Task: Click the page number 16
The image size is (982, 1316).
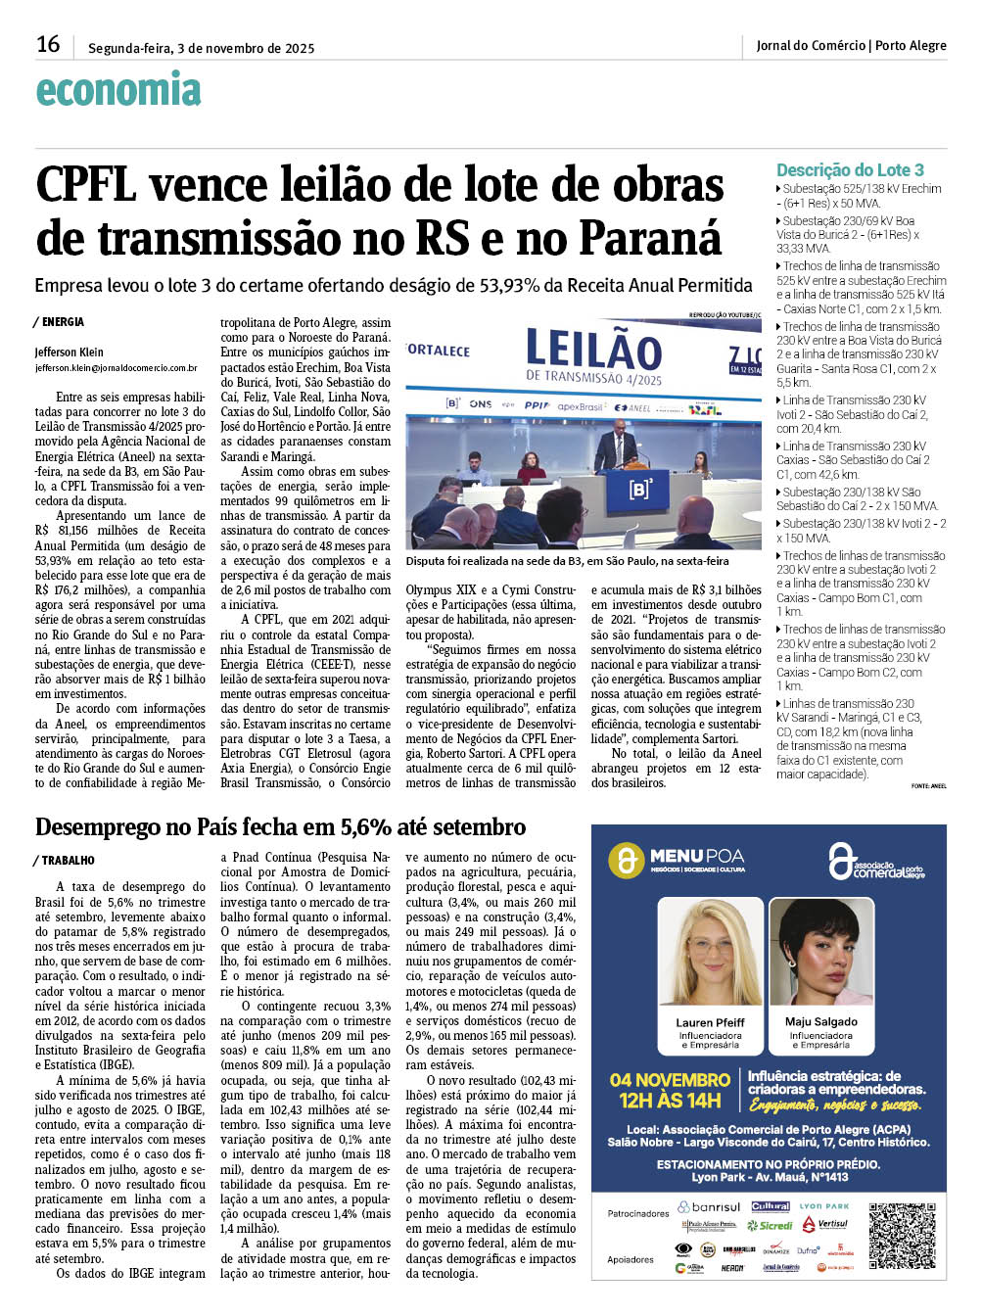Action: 48,44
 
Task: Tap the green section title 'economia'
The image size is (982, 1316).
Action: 118,90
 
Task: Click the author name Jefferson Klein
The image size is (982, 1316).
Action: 69,352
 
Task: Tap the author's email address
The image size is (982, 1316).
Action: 116,368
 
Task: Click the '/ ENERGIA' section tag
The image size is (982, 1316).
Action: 60,322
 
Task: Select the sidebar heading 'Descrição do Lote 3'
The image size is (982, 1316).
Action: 850,170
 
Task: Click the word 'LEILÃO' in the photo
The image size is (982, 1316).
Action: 593,350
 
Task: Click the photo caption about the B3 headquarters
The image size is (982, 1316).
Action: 567,561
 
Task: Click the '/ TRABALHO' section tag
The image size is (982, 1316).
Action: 66,861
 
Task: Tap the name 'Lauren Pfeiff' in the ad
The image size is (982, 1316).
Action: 710,1022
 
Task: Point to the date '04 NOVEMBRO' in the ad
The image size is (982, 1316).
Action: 670,1080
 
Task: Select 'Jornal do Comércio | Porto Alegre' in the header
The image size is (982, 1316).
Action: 851,46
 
